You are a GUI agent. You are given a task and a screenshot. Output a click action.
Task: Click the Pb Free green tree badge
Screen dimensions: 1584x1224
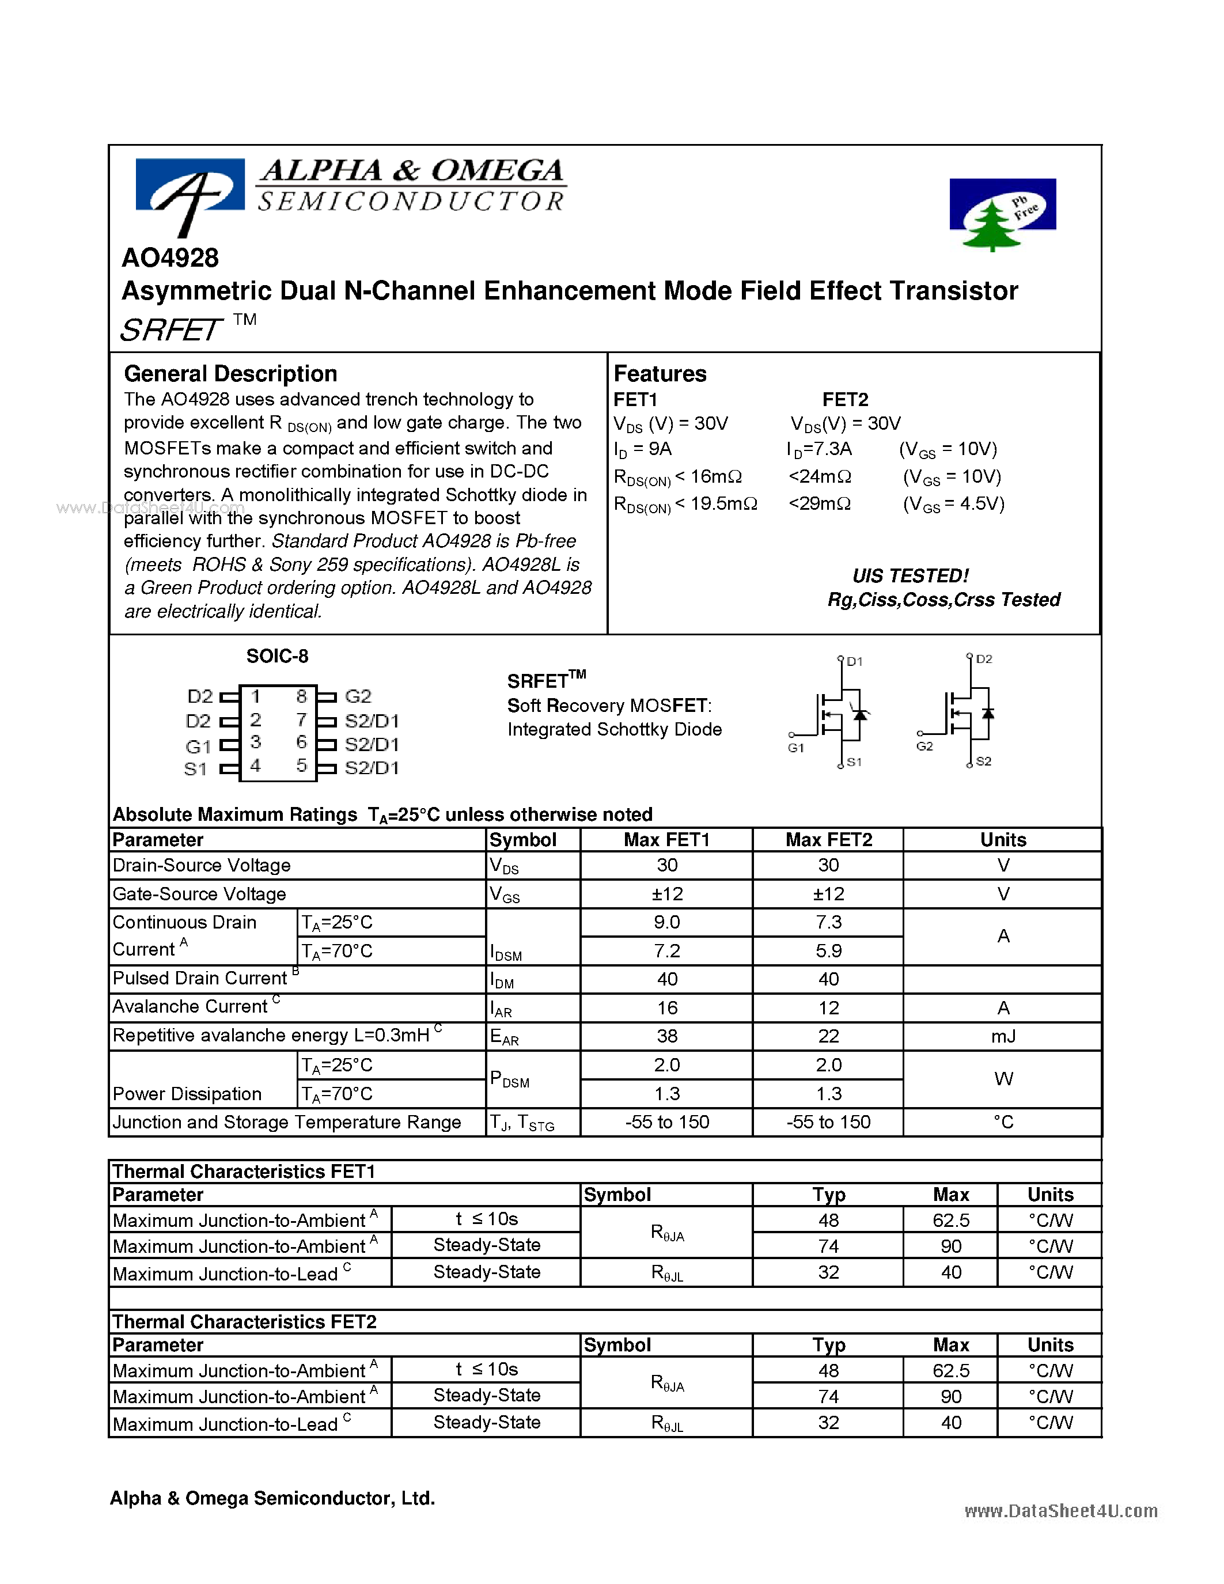(1002, 212)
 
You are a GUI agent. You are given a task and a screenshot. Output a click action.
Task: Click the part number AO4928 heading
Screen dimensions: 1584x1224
(170, 258)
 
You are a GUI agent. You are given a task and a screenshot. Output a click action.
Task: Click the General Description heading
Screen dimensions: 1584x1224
(230, 373)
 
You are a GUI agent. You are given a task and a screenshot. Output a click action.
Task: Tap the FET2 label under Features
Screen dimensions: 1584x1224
(845, 400)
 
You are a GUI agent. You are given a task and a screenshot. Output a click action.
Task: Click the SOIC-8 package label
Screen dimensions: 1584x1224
(277, 657)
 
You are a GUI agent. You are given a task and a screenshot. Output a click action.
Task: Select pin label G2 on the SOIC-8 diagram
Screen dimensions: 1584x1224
(358, 696)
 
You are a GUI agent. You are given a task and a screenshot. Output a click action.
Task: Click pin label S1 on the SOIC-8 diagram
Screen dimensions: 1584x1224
(195, 769)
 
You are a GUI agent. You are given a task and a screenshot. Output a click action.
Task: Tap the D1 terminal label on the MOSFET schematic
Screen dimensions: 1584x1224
(854, 661)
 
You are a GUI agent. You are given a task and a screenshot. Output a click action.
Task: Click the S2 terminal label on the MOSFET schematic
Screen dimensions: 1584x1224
(983, 761)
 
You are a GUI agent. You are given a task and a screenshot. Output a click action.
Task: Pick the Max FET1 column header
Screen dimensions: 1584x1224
(666, 840)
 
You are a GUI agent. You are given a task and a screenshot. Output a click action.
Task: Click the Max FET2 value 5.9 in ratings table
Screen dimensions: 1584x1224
(828, 951)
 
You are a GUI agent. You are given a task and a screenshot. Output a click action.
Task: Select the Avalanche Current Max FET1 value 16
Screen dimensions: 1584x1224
(666, 1008)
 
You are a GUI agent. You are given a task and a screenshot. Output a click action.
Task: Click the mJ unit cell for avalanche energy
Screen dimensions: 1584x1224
(1003, 1036)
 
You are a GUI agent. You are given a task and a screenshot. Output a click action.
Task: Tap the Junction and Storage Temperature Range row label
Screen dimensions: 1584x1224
(286, 1122)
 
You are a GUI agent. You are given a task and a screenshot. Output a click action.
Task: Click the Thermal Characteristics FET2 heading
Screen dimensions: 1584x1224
(244, 1321)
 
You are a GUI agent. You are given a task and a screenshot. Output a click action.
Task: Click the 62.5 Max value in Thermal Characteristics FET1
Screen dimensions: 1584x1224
(950, 1221)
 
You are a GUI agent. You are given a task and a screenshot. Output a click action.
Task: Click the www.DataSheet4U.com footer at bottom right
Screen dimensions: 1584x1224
(1060, 1510)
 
